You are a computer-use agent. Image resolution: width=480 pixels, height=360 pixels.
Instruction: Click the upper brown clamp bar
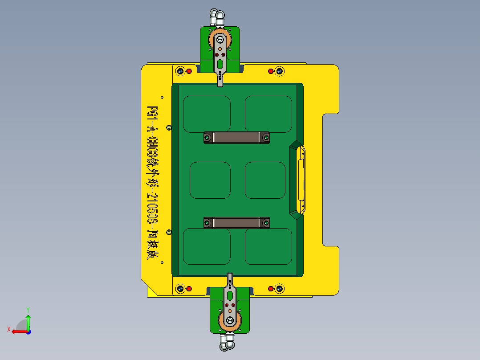pos(236,138)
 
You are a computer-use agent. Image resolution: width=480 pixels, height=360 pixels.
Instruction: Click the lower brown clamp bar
pos(236,223)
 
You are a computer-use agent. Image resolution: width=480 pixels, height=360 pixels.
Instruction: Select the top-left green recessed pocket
pos(207,114)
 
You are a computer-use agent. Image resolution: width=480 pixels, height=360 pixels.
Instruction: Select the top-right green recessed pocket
pos(268,114)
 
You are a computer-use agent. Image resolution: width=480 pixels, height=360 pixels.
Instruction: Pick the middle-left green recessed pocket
pos(210,180)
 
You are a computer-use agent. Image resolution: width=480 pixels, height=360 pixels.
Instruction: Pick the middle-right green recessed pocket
pos(265,180)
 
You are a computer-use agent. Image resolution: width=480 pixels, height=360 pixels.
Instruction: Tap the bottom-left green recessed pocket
pos(207,246)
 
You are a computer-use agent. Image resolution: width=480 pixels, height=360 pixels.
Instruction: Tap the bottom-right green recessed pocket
pos(268,246)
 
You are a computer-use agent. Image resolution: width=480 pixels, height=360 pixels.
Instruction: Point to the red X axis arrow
pos(18,331)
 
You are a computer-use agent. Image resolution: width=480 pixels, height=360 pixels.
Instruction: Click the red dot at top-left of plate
pos(189,71)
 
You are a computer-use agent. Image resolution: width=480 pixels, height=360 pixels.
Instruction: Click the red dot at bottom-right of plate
pos(270,289)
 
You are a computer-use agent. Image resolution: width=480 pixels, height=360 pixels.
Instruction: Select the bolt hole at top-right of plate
pos(279,71)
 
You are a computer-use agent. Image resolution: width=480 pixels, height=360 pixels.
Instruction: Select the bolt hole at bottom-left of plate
pos(180,289)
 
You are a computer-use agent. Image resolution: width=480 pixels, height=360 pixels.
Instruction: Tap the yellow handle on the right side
pos(302,180)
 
